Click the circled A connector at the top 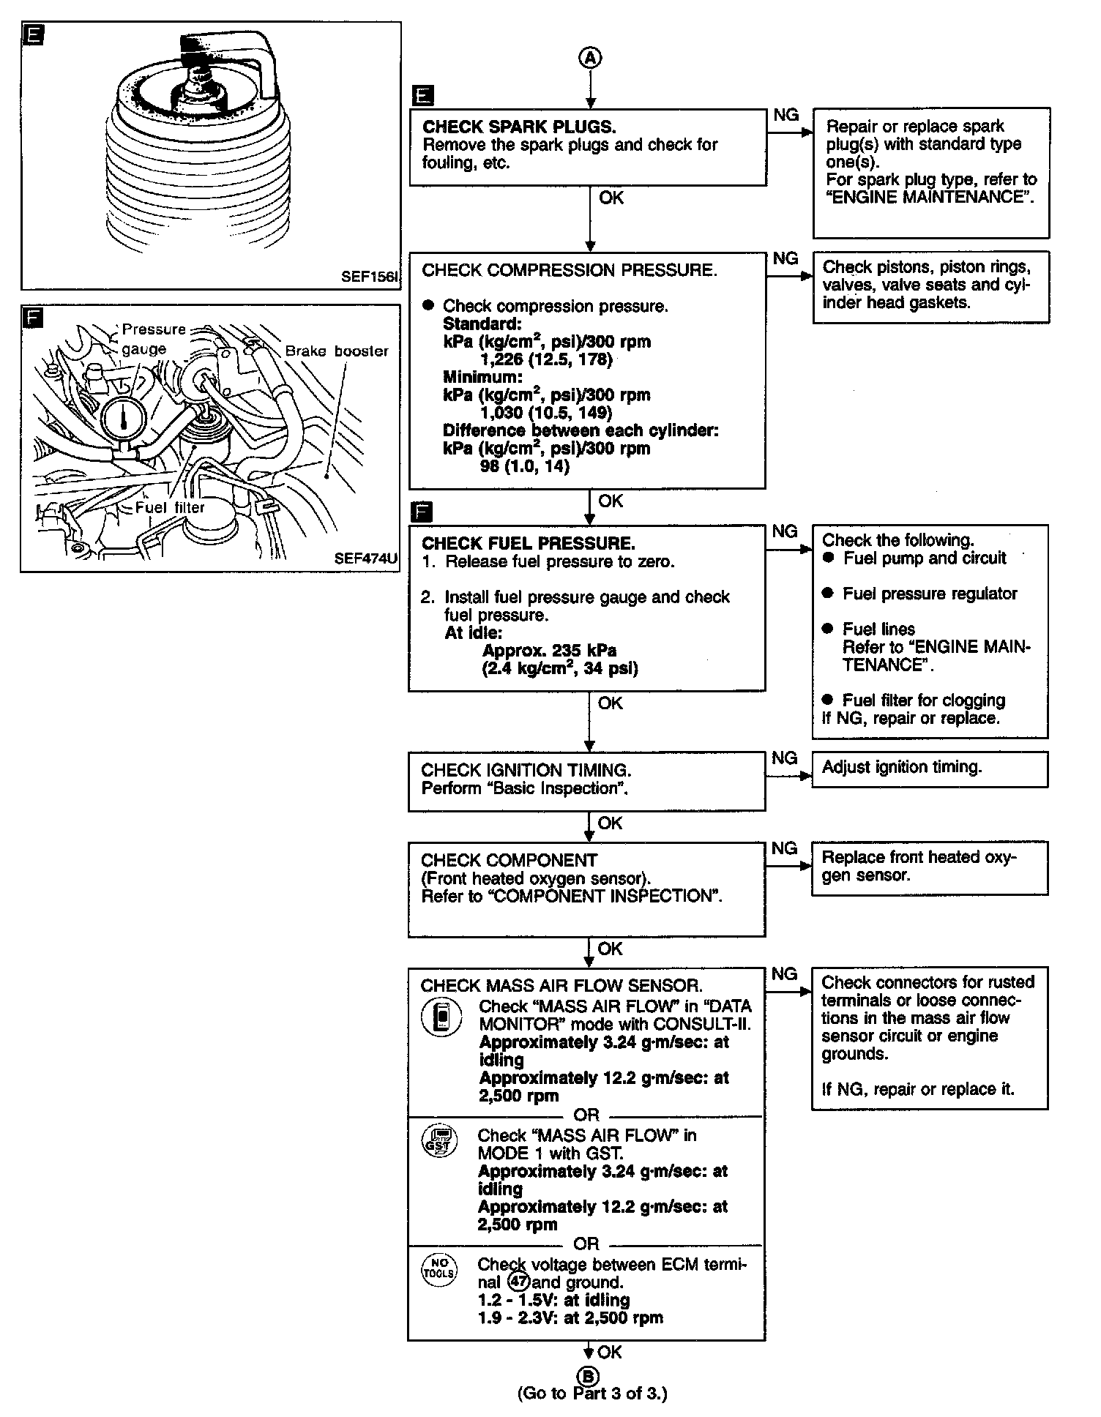(x=590, y=59)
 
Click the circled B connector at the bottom (x=589, y=1375)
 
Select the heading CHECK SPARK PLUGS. (x=519, y=127)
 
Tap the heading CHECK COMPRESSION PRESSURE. (x=569, y=270)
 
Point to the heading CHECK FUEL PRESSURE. (x=528, y=543)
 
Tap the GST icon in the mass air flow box (x=439, y=1142)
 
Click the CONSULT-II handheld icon (x=441, y=1017)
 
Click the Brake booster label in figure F (x=337, y=351)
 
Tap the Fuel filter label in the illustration (x=170, y=507)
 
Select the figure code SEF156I (x=369, y=277)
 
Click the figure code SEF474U (x=366, y=558)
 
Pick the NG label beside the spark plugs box (x=786, y=115)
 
